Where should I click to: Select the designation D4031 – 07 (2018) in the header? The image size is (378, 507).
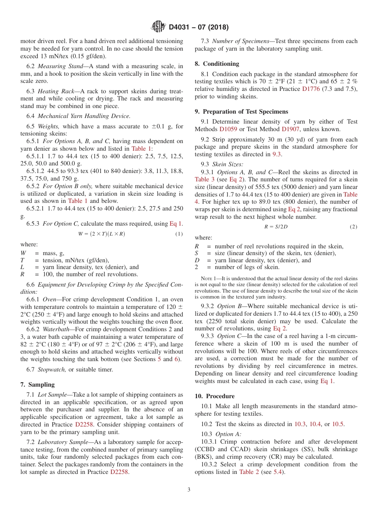(x=199, y=27)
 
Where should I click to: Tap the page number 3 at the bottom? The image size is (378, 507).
(x=189, y=489)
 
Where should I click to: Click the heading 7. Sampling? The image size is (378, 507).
(x=37, y=385)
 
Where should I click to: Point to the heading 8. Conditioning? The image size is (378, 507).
(x=217, y=64)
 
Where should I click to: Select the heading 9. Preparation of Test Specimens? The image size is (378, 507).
(x=241, y=112)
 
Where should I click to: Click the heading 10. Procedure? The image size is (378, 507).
(x=214, y=396)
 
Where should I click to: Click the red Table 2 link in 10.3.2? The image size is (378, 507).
(x=249, y=472)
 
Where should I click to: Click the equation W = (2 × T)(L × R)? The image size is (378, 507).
(x=101, y=234)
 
